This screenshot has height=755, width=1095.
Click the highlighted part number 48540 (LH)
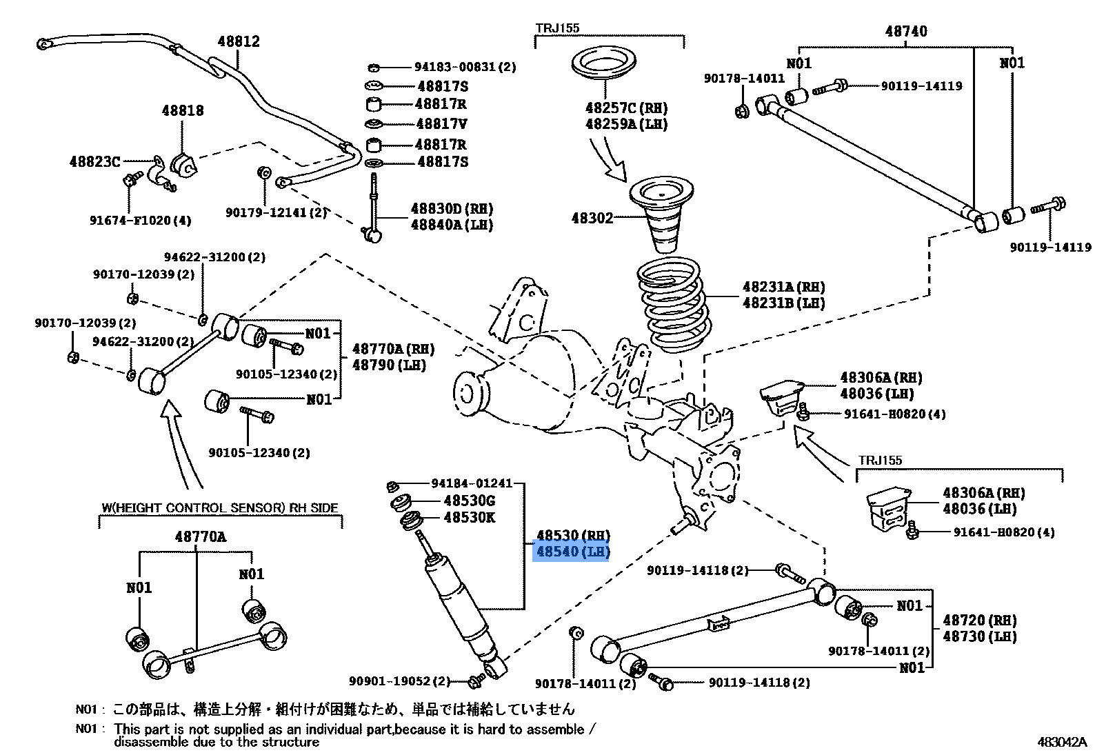572,552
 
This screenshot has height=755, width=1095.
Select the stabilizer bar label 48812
239,41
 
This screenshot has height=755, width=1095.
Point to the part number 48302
592,218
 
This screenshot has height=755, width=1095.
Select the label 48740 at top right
905,31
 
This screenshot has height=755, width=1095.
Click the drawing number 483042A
1061,742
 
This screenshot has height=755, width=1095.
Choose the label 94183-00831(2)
465,67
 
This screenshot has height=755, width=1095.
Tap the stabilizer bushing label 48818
183,110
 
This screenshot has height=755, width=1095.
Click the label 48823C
94,161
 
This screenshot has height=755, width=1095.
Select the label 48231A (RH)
783,287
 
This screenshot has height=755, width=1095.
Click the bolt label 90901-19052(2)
399,681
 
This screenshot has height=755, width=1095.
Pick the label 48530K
469,517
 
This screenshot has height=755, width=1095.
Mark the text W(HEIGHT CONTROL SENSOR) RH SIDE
220,508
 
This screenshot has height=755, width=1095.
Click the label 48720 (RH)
979,621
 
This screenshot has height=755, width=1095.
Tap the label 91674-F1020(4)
140,221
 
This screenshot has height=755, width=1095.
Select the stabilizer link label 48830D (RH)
452,208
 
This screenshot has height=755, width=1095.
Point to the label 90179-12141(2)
276,213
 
